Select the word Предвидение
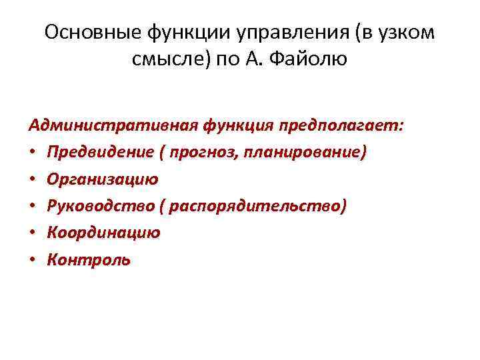93,153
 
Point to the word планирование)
306,153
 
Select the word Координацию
103,233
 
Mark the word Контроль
89,259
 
